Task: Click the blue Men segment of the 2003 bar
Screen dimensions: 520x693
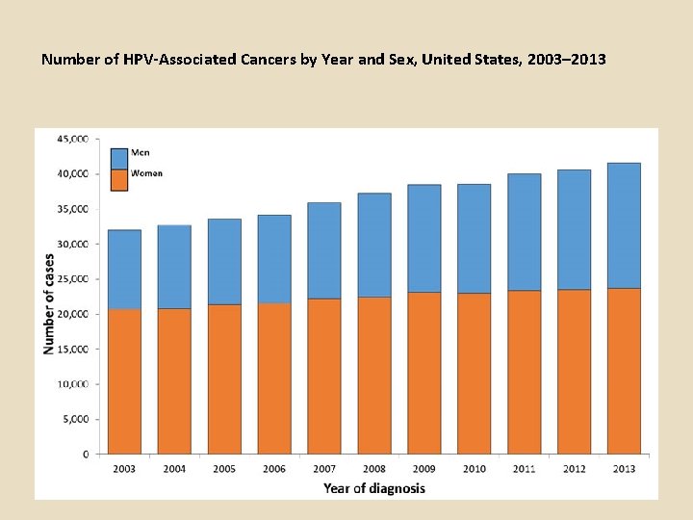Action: (x=124, y=270)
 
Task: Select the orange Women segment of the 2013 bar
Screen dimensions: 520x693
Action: (x=624, y=371)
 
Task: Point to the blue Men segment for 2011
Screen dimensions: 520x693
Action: (x=524, y=232)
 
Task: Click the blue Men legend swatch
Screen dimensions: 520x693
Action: (x=119, y=158)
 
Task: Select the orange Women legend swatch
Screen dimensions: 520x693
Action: (x=119, y=180)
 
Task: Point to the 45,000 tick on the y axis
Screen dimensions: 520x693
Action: (x=73, y=139)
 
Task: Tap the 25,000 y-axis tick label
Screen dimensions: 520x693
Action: (x=73, y=279)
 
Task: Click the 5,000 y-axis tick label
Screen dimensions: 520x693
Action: (x=76, y=419)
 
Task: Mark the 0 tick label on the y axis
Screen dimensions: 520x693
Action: (x=86, y=454)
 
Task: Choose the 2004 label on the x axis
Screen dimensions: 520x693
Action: (x=174, y=469)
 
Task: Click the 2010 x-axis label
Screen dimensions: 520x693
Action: (x=474, y=469)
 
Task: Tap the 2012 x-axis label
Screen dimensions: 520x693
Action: (x=574, y=469)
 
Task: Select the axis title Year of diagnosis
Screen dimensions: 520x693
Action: (x=373, y=488)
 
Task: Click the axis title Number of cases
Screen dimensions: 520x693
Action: (x=49, y=303)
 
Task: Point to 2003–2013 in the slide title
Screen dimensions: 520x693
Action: (x=563, y=59)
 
